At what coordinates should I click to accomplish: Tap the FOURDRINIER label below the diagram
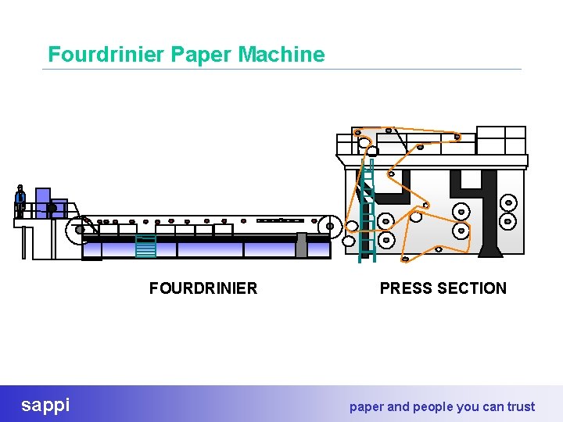pyautogui.click(x=203, y=288)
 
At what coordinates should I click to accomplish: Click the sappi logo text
pyautogui.click(x=45, y=405)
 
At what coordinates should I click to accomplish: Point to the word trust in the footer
pyautogui.click(x=521, y=406)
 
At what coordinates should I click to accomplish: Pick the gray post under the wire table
pyautogui.click(x=301, y=245)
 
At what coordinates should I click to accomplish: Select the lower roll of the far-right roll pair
pyautogui.click(x=508, y=221)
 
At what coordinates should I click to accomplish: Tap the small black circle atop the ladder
pyautogui.click(x=373, y=151)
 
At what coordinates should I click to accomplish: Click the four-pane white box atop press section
pyautogui.click(x=501, y=140)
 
